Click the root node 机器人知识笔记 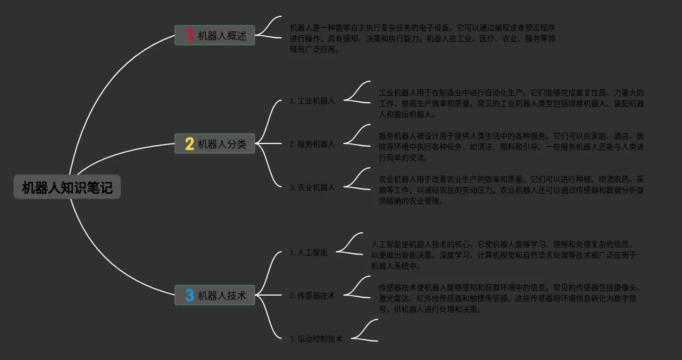pyautogui.click(x=67, y=188)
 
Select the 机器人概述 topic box pyautogui.click(x=215, y=36)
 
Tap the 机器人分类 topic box pyautogui.click(x=215, y=144)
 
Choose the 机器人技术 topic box pyautogui.click(x=215, y=296)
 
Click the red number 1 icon pyautogui.click(x=190, y=36)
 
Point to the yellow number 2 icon pyautogui.click(x=190, y=144)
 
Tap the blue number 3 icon pyautogui.click(x=190, y=296)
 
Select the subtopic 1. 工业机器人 pyautogui.click(x=313, y=101)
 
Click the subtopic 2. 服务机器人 pyautogui.click(x=313, y=144)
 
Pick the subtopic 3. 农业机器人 pyautogui.click(x=313, y=187)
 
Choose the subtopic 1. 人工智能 pyautogui.click(x=309, y=252)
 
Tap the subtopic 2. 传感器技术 pyautogui.click(x=313, y=296)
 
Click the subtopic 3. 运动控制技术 pyautogui.click(x=316, y=339)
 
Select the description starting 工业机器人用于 pyautogui.click(x=511, y=103)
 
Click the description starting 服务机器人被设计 pyautogui.click(x=511, y=147)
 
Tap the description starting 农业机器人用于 pyautogui.click(x=511, y=190)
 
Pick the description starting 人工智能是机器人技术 pyautogui.click(x=504, y=255)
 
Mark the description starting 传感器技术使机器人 pyautogui.click(x=509, y=298)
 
